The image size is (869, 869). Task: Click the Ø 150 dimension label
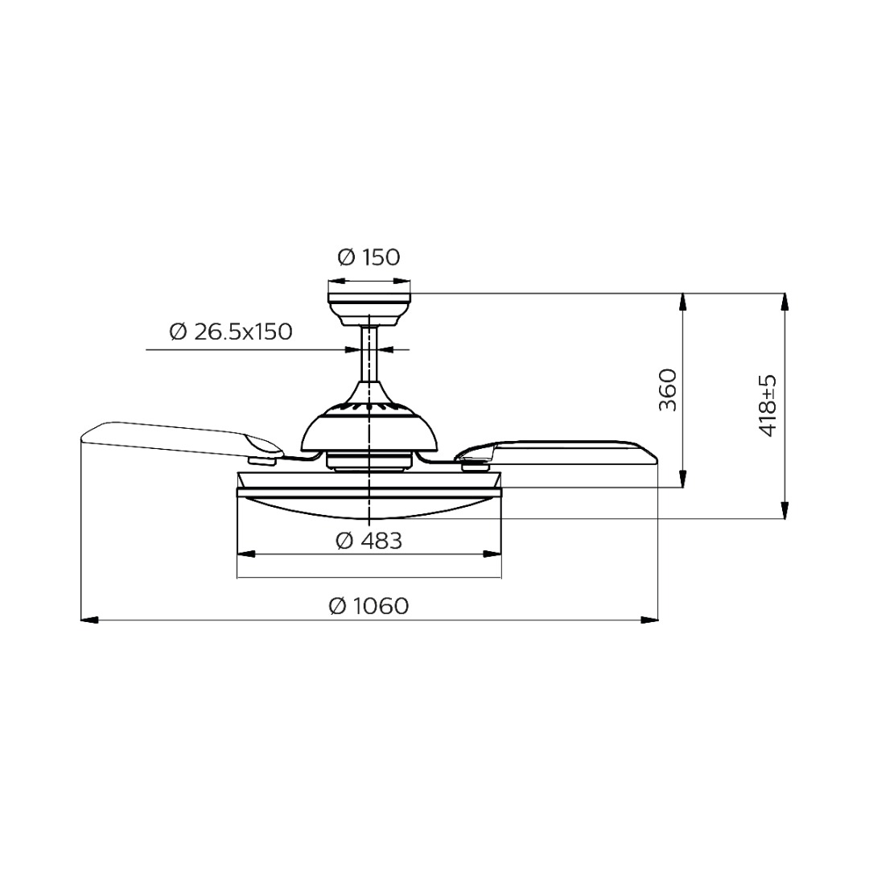[x=369, y=257]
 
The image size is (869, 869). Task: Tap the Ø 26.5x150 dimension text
[x=231, y=332]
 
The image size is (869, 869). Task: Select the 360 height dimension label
[x=668, y=390]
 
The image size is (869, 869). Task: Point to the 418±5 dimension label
[x=768, y=406]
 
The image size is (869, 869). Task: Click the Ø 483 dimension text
[x=369, y=541]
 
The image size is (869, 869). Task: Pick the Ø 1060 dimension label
[x=369, y=606]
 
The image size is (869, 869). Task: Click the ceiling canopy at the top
[x=369, y=309]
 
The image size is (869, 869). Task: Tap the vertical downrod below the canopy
[x=369, y=354]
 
